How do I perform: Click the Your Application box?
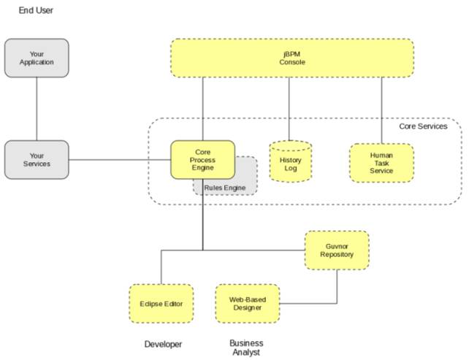coord(37,58)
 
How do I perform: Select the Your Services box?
coord(37,160)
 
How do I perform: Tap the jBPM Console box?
coord(292,58)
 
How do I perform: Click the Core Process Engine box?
coord(203,160)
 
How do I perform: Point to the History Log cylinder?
coord(291,161)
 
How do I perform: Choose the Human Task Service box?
coord(381,163)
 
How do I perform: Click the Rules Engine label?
coord(225,188)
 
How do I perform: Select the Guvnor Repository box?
coord(337,250)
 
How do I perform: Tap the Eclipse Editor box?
coord(161,304)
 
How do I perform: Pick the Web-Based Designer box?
coord(248,304)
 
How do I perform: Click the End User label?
coord(36,10)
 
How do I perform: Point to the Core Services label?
coord(423,126)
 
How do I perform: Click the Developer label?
coord(163,344)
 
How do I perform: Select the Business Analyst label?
coord(246,348)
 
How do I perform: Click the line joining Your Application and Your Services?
coord(37,109)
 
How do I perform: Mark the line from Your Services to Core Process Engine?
coord(120,160)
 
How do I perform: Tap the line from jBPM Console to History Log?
coord(289,109)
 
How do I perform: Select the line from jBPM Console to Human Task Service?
coord(381,110)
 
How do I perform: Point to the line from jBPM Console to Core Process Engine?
coord(203,109)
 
